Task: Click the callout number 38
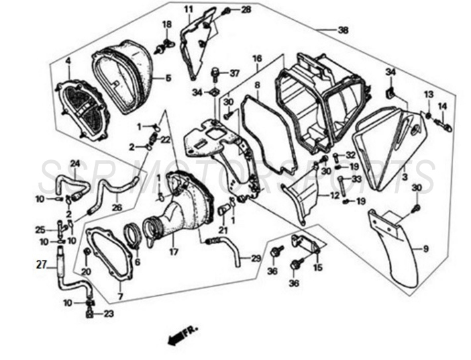[x=342, y=30]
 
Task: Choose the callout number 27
[x=41, y=265]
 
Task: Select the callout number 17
[x=174, y=251]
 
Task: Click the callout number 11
[x=189, y=9]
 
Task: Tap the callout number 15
[x=318, y=267]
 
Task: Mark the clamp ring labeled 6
[x=135, y=236]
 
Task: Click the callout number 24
[x=75, y=163]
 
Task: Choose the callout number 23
[x=109, y=314]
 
